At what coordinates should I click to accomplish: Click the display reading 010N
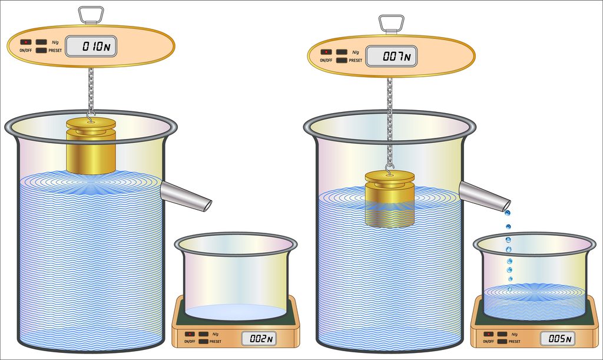(x=91, y=47)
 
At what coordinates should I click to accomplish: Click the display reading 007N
(x=391, y=57)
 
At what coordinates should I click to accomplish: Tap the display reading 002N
(x=259, y=339)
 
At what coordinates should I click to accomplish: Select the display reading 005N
(x=558, y=339)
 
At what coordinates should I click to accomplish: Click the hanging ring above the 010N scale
(x=91, y=14)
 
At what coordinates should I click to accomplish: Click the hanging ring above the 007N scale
(x=391, y=24)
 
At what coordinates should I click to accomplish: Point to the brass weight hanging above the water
(x=91, y=146)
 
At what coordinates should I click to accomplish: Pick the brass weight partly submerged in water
(x=390, y=199)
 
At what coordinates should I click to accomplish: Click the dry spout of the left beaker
(x=185, y=196)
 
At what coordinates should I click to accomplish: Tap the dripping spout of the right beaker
(x=485, y=196)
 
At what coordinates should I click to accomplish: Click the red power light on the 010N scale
(x=26, y=42)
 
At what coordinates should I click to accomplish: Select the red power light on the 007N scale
(x=326, y=52)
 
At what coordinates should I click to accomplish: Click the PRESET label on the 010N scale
(x=55, y=51)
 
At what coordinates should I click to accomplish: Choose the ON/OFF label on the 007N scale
(x=326, y=60)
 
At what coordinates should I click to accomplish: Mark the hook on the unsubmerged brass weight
(x=91, y=117)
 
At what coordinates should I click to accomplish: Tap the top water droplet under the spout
(x=507, y=213)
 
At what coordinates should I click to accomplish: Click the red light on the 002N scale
(x=190, y=334)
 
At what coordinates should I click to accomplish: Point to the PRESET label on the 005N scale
(x=514, y=342)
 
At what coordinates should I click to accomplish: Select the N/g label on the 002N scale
(x=216, y=334)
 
